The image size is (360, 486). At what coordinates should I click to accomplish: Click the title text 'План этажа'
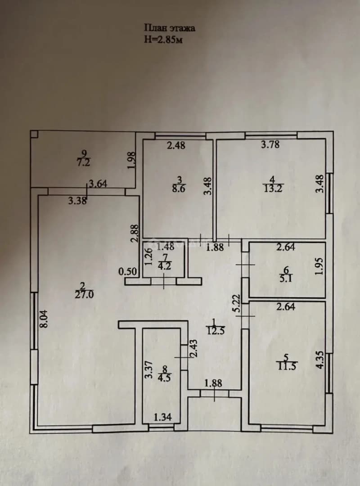170,28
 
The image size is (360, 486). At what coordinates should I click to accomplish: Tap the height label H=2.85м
163,39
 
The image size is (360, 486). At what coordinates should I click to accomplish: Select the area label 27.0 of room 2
84,294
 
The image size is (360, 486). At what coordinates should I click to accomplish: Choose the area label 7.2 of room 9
84,162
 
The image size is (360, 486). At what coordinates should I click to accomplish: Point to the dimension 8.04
44,319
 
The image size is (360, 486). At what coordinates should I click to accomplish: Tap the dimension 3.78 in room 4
270,144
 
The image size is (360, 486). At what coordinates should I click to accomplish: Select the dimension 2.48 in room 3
176,145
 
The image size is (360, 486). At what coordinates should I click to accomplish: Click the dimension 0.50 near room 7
127,272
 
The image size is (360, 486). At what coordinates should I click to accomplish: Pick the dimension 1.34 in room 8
163,417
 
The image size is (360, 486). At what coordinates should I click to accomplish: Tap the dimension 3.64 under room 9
98,184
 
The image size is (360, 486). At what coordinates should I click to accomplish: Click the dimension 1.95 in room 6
320,266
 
